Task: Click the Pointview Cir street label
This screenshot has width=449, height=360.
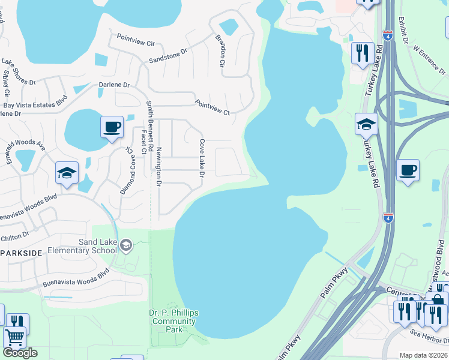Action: pos(136,40)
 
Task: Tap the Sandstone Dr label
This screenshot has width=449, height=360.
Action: pos(168,56)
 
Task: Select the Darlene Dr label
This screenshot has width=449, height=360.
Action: pos(115,85)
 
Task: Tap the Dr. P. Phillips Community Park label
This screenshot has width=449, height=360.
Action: pos(173,321)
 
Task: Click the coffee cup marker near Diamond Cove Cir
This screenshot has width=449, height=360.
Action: pos(112,127)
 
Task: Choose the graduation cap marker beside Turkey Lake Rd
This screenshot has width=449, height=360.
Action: pos(366,124)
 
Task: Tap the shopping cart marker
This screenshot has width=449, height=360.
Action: pos(15,338)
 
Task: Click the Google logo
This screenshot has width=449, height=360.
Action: pos(20,353)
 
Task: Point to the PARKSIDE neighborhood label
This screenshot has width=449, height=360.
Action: pos(22,253)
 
